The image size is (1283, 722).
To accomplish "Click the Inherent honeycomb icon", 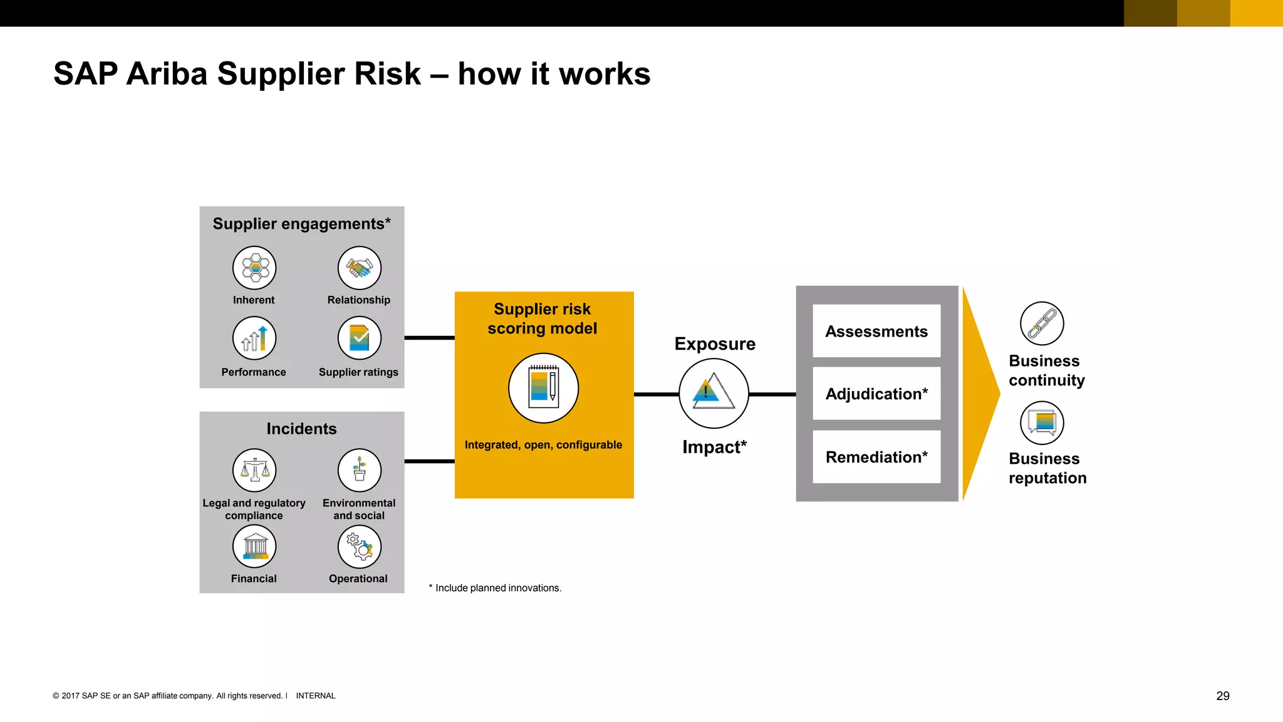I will [x=254, y=268].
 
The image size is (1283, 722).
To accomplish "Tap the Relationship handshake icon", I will [x=359, y=268].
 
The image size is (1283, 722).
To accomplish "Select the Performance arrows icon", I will [x=254, y=338].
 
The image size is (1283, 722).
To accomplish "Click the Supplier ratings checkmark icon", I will [x=359, y=338].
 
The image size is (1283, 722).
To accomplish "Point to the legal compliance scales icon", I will [x=254, y=471].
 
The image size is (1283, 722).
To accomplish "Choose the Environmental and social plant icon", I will [x=359, y=471].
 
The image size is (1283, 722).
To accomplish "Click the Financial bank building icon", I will [x=254, y=547].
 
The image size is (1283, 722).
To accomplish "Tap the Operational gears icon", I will [x=359, y=547].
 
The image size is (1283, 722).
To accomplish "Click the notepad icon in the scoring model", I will [x=543, y=388].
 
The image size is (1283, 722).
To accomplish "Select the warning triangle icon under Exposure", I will [x=714, y=394].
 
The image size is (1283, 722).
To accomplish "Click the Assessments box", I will [x=876, y=331].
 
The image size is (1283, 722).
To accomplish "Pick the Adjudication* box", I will [x=876, y=394].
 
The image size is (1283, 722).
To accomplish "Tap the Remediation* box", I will [x=876, y=457].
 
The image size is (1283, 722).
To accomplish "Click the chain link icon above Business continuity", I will [x=1042, y=323].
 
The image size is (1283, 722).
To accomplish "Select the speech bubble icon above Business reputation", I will [x=1042, y=423].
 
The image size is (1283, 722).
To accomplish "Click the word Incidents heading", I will [x=301, y=429].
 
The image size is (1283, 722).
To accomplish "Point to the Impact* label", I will [x=714, y=447].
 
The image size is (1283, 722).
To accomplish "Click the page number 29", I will [x=1222, y=696].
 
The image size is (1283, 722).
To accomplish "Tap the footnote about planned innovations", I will [x=495, y=588].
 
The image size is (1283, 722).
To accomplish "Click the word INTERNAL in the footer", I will [x=316, y=696].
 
